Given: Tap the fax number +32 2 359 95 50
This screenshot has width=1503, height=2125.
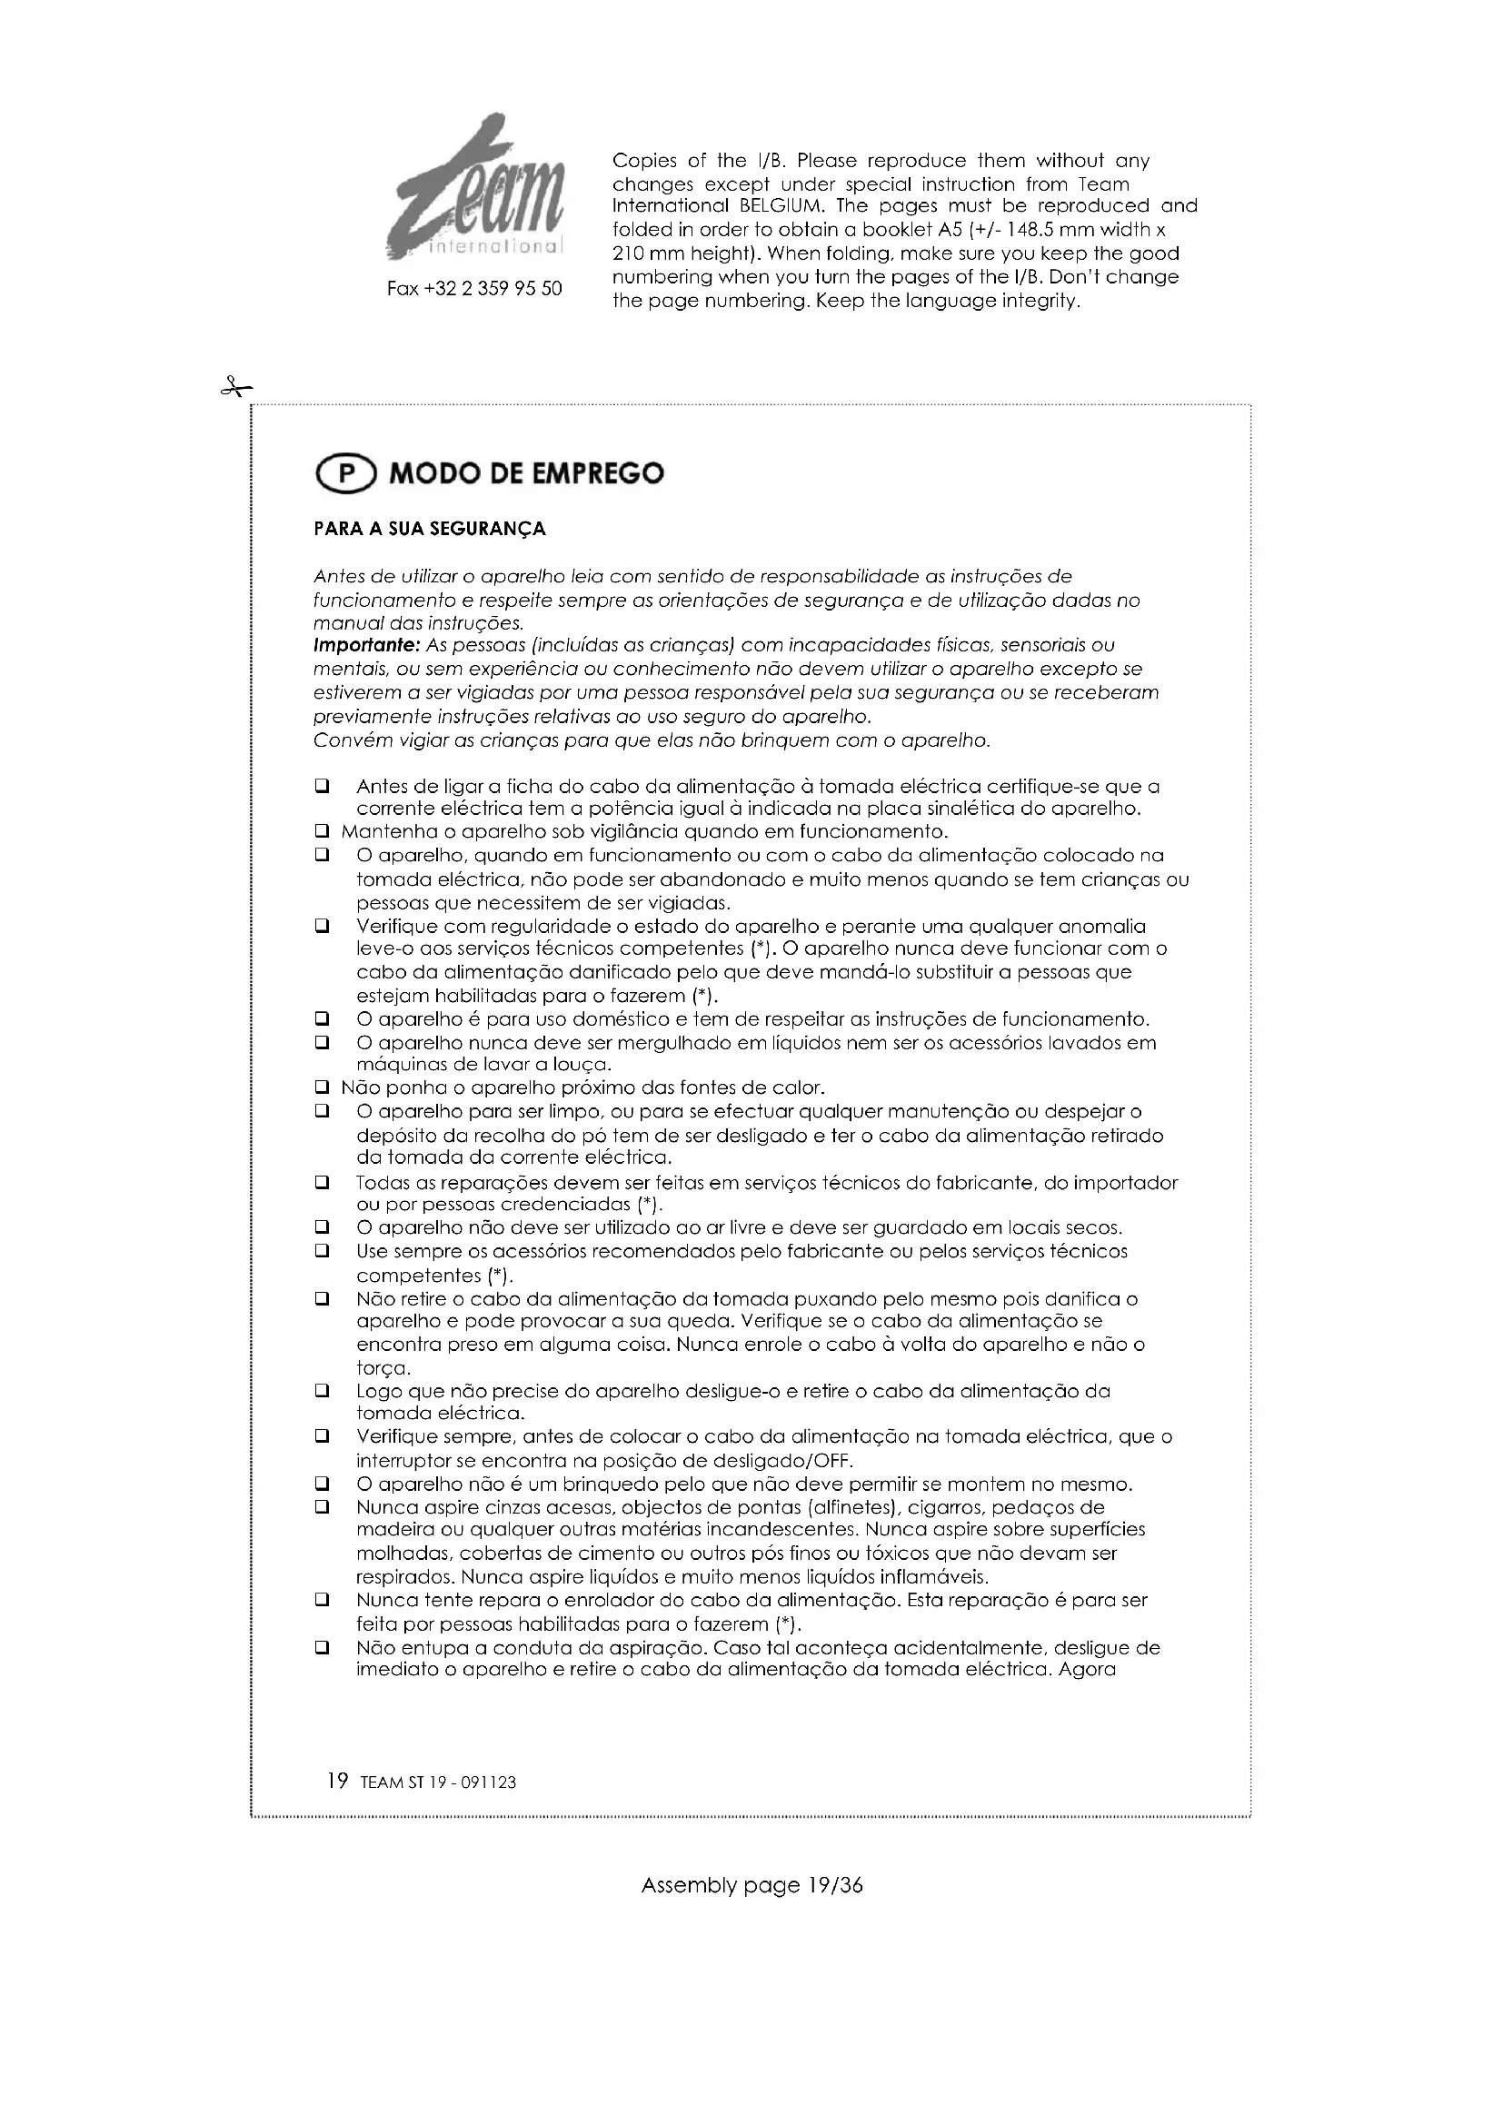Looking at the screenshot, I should pyautogui.click(x=473, y=289).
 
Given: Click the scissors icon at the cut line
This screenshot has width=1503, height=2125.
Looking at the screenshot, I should pyautogui.click(x=235, y=387).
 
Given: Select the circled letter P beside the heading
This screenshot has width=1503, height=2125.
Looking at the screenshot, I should pyautogui.click(x=346, y=474).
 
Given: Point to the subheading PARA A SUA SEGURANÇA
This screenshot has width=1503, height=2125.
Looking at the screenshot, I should pyautogui.click(x=430, y=530).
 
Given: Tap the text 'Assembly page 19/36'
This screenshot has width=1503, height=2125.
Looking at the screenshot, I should pyautogui.click(x=751, y=1885).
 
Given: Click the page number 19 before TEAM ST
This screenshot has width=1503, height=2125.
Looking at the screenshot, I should pyautogui.click(x=338, y=1781).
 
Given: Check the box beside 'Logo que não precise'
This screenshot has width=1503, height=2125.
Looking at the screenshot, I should pyautogui.click(x=322, y=1390).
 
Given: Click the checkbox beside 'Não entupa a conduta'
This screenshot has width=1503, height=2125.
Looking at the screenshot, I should pyautogui.click(x=322, y=1647).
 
